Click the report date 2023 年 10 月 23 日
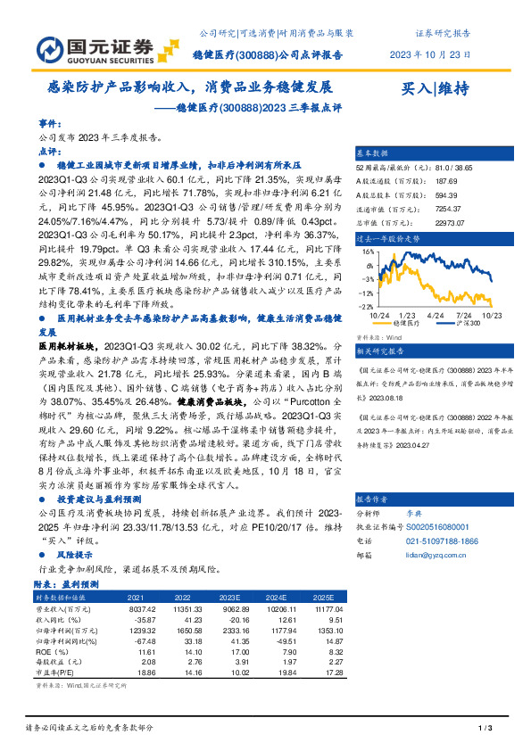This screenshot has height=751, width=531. (430, 54)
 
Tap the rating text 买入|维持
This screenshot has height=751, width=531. (435, 87)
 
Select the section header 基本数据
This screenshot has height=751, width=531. (373, 153)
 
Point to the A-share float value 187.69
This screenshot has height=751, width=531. (445, 181)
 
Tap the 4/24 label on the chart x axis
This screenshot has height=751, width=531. (436, 316)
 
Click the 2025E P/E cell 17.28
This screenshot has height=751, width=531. (330, 674)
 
